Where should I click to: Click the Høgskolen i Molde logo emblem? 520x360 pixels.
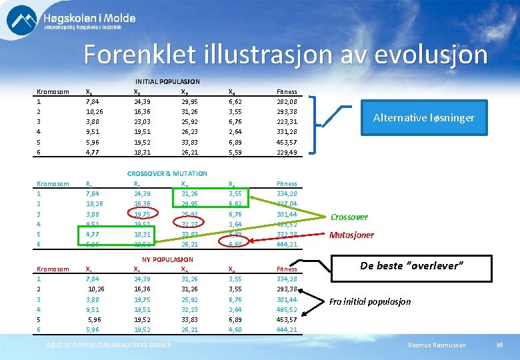coord(21,20)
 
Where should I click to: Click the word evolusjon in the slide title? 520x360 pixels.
coord(431,55)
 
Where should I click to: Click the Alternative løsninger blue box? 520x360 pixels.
coord(423,117)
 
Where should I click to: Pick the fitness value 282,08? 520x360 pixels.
coord(287,101)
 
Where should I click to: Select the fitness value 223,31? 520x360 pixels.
coord(287,121)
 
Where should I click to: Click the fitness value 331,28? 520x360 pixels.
coord(287,131)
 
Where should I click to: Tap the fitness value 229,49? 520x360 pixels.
coord(287,152)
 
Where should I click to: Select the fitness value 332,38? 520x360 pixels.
coord(287,234)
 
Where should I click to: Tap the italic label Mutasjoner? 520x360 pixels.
coord(351,235)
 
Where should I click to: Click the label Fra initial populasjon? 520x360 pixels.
coord(369,301)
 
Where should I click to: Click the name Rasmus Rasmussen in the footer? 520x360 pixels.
coord(437,344)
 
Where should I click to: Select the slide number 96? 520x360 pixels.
coord(499,344)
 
